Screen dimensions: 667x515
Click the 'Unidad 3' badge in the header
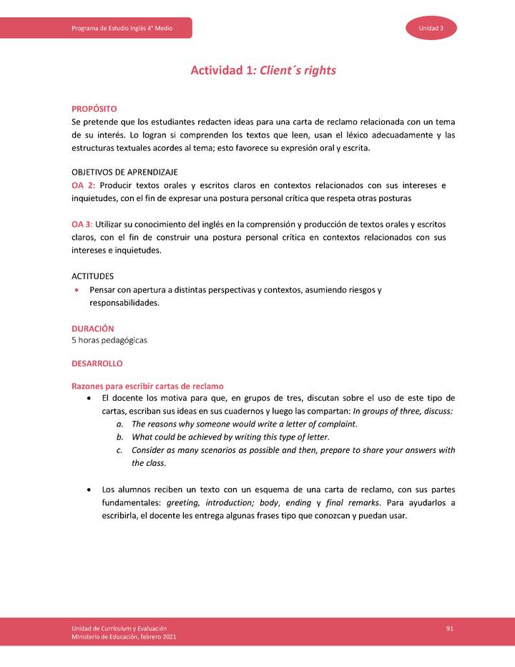pyautogui.click(x=431, y=28)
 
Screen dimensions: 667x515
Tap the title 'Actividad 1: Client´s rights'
pyautogui.click(x=263, y=70)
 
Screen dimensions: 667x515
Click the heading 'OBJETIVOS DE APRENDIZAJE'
pyautogui.click(x=124, y=172)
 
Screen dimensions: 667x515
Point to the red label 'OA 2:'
pyautogui.click(x=83, y=185)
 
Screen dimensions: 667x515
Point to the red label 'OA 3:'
pyautogui.click(x=82, y=225)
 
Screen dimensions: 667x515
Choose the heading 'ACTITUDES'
pyautogui.click(x=92, y=276)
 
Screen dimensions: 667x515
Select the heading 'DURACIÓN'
pyautogui.click(x=92, y=328)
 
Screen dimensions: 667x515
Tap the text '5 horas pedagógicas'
pyautogui.click(x=109, y=340)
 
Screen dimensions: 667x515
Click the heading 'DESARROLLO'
pyautogui.click(x=97, y=364)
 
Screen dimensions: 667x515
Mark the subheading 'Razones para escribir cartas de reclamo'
pyautogui.click(x=147, y=386)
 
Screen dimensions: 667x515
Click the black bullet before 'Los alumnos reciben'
pyautogui.click(x=88, y=490)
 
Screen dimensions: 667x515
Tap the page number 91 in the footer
pyautogui.click(x=450, y=628)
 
